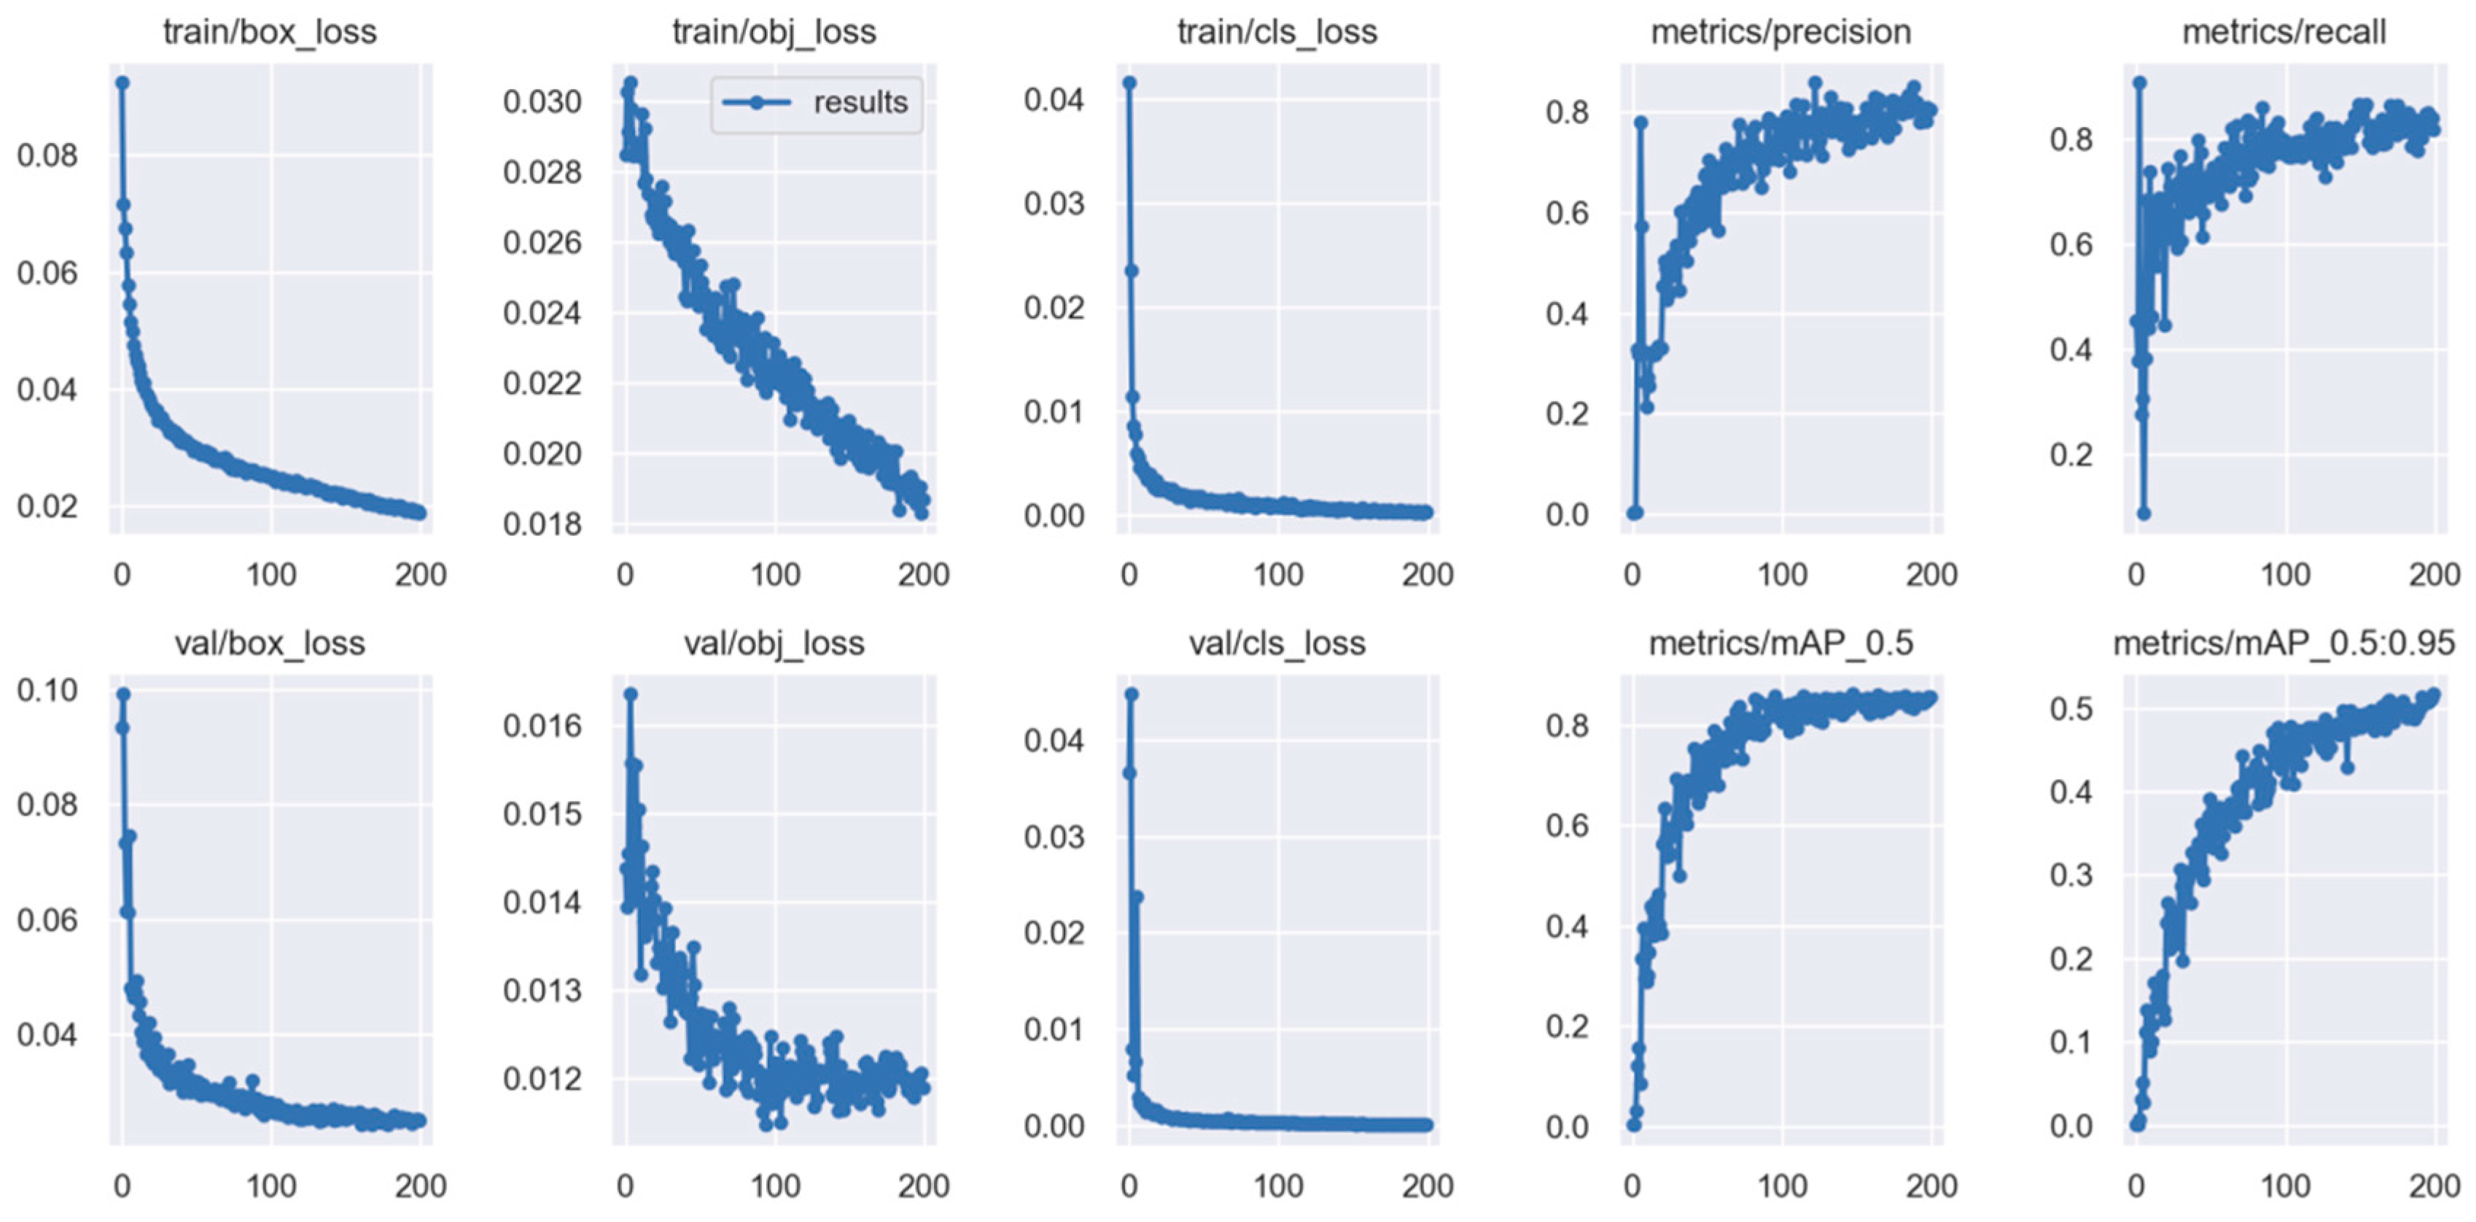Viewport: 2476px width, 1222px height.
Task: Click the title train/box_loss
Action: pyautogui.click(x=269, y=31)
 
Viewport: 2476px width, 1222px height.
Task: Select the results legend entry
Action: pyautogui.click(x=817, y=103)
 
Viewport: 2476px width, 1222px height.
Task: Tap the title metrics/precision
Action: pyautogui.click(x=1781, y=31)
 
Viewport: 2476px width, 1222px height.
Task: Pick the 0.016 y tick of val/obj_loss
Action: pyautogui.click(x=542, y=725)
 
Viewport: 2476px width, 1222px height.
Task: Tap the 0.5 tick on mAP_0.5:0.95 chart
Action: pyautogui.click(x=2071, y=708)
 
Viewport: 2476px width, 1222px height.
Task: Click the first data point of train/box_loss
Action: pyautogui.click(x=122, y=82)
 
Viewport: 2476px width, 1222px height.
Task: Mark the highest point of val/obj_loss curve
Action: pyautogui.click(x=631, y=693)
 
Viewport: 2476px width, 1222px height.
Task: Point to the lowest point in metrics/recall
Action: pyautogui.click(x=2143, y=514)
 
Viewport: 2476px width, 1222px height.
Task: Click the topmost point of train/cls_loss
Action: pyautogui.click(x=1129, y=82)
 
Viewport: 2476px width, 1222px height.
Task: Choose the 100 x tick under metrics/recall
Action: pyautogui.click(x=2285, y=575)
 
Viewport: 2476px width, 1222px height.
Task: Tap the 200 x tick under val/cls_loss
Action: pyautogui.click(x=1428, y=1186)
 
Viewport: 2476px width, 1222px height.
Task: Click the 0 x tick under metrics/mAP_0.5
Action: pyautogui.click(x=1632, y=1186)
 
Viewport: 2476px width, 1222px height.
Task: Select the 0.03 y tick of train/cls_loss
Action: pyautogui.click(x=1054, y=203)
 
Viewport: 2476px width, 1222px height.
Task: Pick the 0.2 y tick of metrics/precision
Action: pyautogui.click(x=1567, y=414)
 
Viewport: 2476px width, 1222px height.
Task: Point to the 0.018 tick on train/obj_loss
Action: pyautogui.click(x=542, y=524)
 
